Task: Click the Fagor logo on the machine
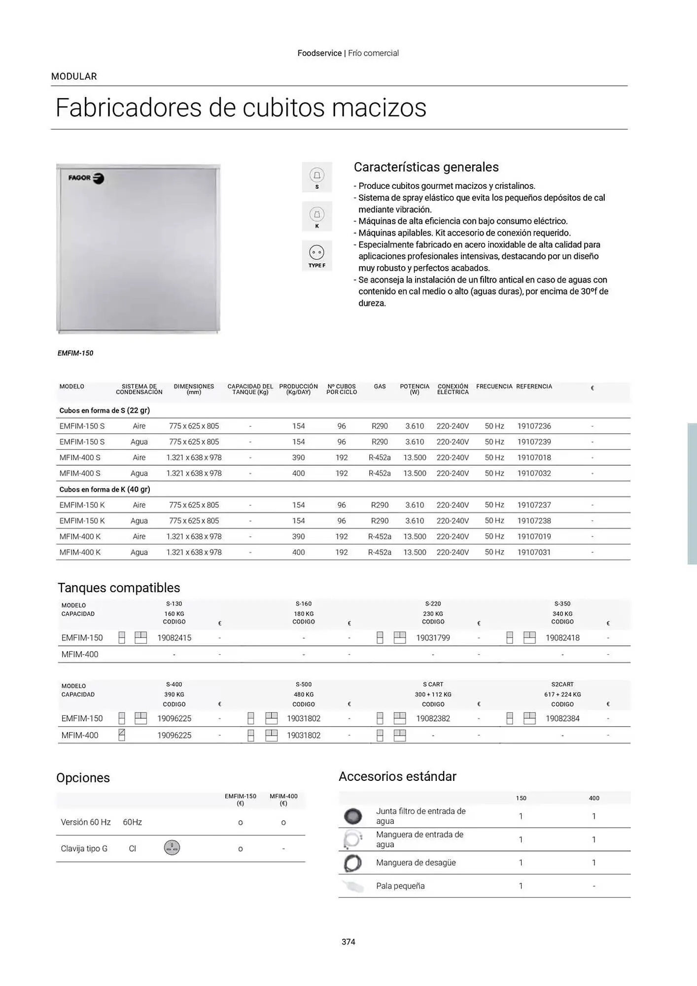click(x=86, y=178)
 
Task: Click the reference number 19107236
click(x=534, y=426)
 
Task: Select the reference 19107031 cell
click(x=534, y=552)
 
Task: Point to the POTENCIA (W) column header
click(x=415, y=389)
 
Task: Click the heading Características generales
click(x=426, y=167)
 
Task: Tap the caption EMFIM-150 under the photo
click(x=75, y=353)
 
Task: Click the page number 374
click(x=348, y=942)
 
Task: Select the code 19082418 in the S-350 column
click(x=562, y=637)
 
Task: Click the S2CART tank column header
click(x=562, y=684)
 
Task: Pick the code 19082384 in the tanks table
click(x=562, y=718)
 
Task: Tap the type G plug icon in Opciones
click(x=172, y=848)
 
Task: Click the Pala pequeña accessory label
click(x=400, y=886)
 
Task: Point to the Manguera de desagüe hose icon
click(x=353, y=863)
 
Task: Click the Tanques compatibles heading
click(x=119, y=588)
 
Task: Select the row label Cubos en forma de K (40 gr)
click(x=105, y=489)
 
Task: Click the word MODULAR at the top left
click(x=74, y=76)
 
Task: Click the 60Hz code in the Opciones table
click(x=132, y=822)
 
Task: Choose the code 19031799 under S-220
click(x=433, y=637)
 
